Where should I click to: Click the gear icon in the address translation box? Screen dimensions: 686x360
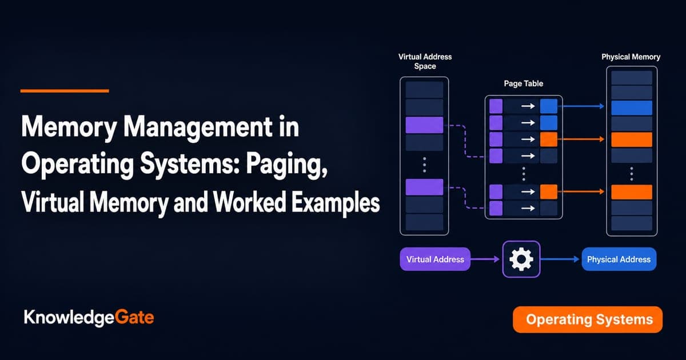coord(521,259)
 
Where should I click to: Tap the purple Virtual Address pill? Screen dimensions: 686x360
coord(435,259)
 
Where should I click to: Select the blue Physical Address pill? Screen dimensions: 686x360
coord(619,259)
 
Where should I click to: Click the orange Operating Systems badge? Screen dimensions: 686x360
coord(588,319)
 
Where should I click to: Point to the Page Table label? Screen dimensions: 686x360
coord(524,83)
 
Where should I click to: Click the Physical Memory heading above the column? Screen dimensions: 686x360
coord(631,57)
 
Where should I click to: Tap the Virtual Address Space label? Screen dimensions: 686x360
coord(425,61)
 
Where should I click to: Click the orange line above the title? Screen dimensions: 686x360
coord(65,91)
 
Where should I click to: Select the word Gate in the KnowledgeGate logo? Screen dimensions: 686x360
coord(134,318)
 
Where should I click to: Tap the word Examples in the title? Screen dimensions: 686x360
coord(336,202)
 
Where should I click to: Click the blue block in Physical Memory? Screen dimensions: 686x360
coord(632,108)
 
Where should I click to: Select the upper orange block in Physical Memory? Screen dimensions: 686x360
coord(632,139)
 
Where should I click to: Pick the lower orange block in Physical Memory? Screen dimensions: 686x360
coord(632,192)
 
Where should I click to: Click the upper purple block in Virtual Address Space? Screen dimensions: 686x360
coord(424,125)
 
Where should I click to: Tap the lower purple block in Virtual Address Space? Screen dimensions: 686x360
coord(424,187)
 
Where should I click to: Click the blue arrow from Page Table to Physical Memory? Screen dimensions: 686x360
coord(581,106)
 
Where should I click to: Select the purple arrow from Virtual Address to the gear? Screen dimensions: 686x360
coord(485,259)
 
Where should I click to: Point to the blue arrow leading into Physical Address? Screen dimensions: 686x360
coord(560,259)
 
